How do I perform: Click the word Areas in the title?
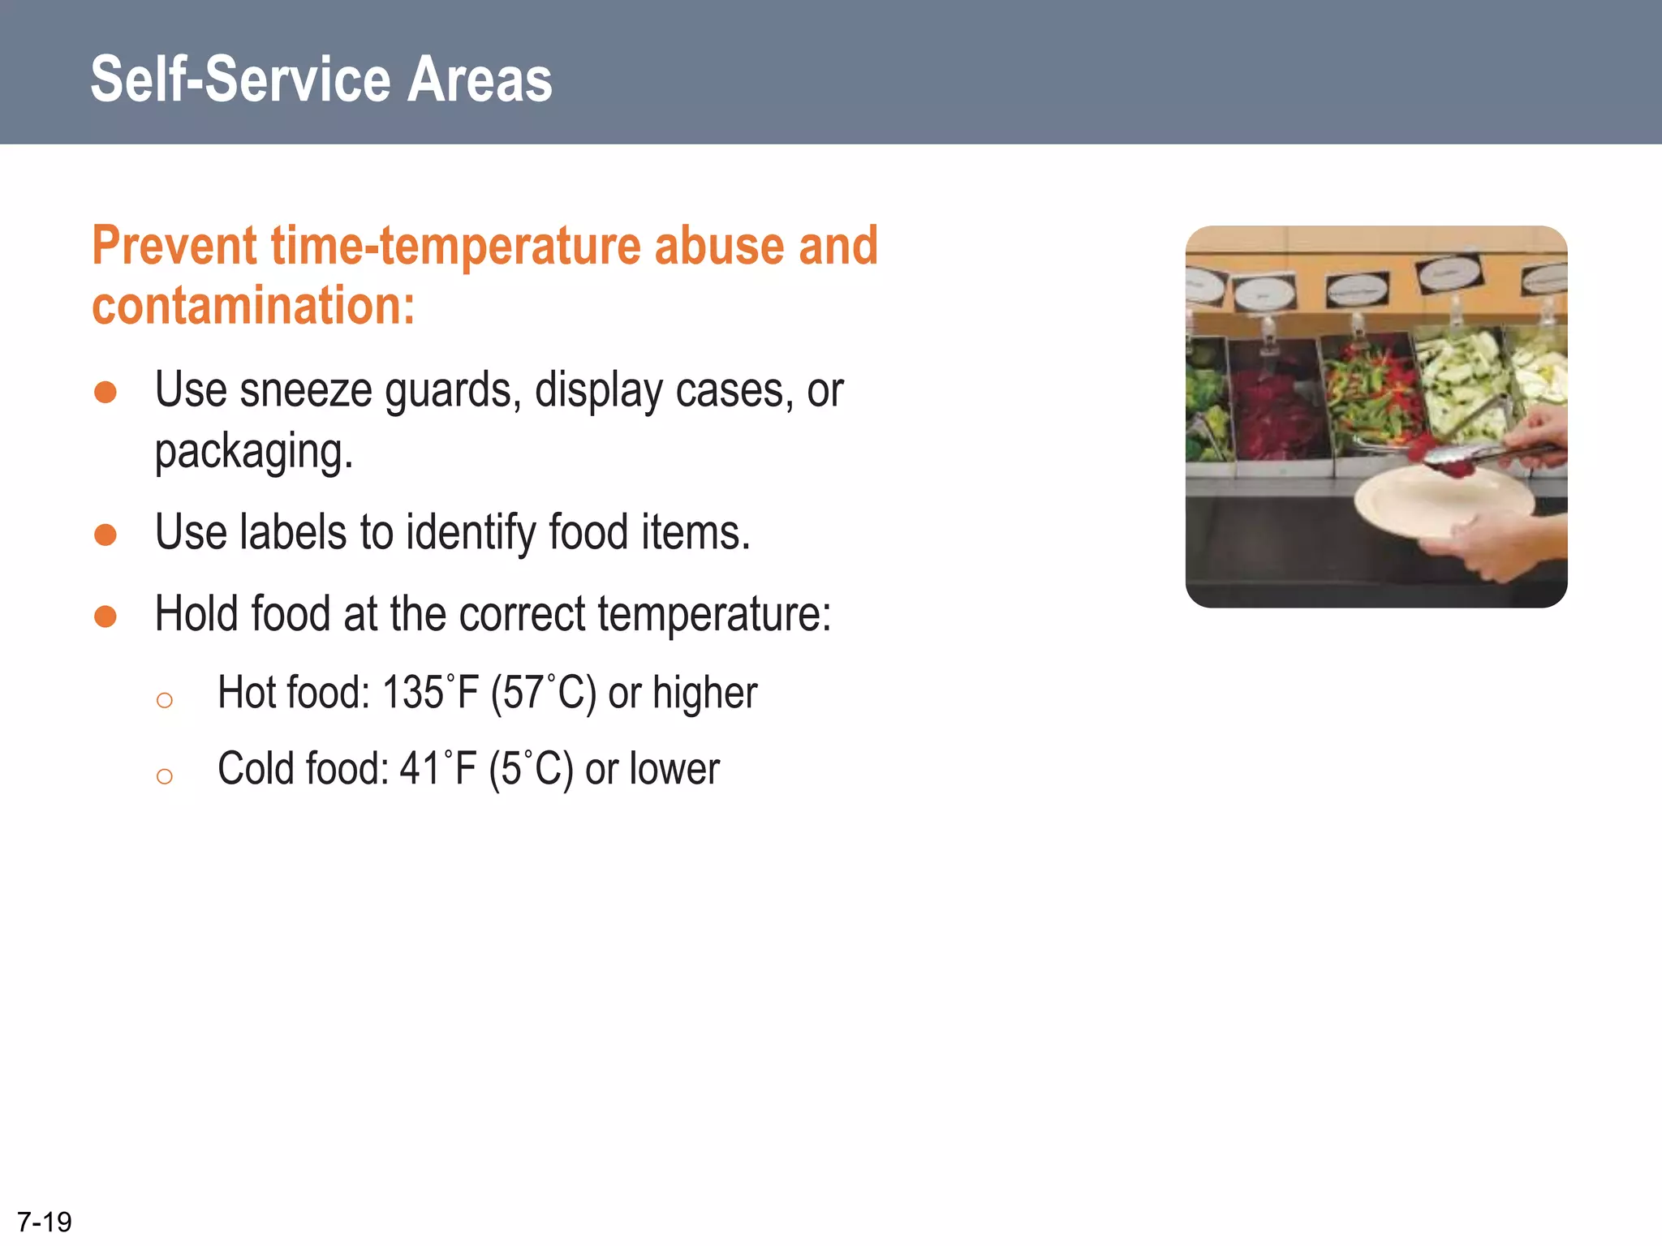coord(479,79)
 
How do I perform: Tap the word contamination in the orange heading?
coord(252,306)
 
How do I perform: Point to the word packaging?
coord(253,452)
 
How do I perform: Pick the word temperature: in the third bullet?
coord(714,614)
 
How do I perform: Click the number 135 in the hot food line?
coord(412,694)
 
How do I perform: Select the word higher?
coord(704,694)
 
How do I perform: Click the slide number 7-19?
coord(45,1222)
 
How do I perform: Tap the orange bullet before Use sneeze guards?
coord(105,393)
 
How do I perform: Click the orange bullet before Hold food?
coord(105,617)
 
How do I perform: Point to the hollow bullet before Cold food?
coord(165,776)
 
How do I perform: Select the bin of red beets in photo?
coord(1278,414)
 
